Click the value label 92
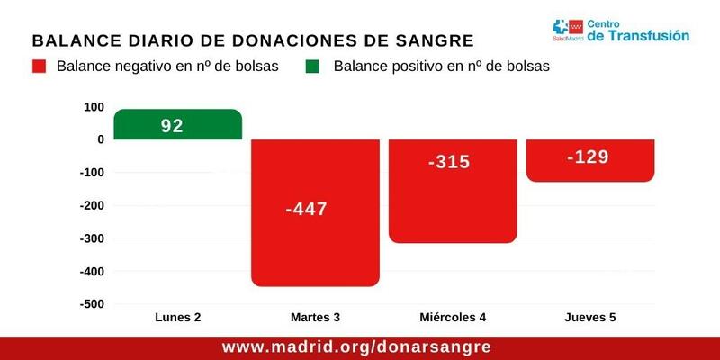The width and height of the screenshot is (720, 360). pos(171,126)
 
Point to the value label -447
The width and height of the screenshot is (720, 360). pos(306,210)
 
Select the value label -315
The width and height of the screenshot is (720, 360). pos(449,162)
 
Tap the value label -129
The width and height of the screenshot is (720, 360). pos(588,157)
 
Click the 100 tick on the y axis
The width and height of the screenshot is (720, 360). pos(93,107)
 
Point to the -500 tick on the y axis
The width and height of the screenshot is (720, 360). pos(90,304)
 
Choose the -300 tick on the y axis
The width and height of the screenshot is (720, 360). pos(90,238)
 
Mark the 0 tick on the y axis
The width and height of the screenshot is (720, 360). pos(100,139)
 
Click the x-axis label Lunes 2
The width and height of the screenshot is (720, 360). pos(178,318)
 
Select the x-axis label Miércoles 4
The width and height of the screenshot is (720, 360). pos(453,318)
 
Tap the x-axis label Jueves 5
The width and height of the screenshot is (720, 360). pos(589,318)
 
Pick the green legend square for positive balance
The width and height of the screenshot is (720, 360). pos(313,67)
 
